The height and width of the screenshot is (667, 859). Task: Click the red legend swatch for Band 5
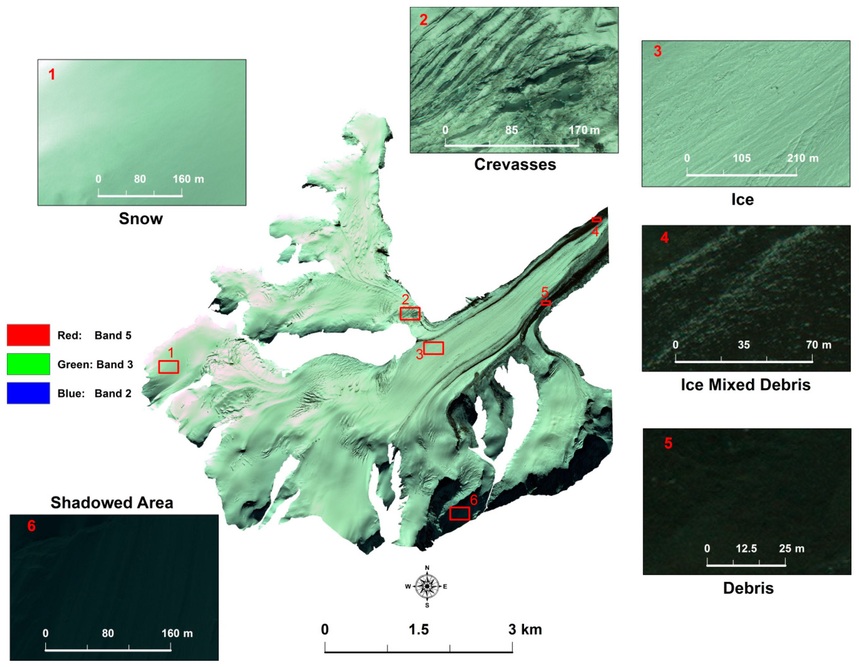(28, 335)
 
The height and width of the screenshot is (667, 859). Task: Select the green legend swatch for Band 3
(28, 364)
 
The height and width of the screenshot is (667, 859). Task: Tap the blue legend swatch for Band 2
(28, 393)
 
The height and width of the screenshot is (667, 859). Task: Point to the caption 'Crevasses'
(515, 165)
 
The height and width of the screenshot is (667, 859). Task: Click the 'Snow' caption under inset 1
(141, 219)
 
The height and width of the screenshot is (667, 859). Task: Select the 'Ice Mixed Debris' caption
(745, 384)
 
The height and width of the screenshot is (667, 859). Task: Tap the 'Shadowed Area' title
(112, 502)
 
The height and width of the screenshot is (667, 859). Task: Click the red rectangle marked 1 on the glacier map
(169, 367)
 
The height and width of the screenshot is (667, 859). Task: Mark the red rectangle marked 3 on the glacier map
(434, 348)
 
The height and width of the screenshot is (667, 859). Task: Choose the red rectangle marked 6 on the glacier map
(459, 514)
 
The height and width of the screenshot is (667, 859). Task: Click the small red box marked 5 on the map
(546, 303)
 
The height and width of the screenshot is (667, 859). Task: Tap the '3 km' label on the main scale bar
(525, 630)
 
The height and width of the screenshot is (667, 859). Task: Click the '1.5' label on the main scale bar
(419, 630)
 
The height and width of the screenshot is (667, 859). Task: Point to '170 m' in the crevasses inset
(584, 130)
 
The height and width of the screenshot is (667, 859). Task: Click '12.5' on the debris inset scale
(746, 548)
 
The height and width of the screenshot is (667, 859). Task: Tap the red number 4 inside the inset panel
(664, 238)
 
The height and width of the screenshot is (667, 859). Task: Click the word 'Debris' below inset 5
(748, 588)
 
